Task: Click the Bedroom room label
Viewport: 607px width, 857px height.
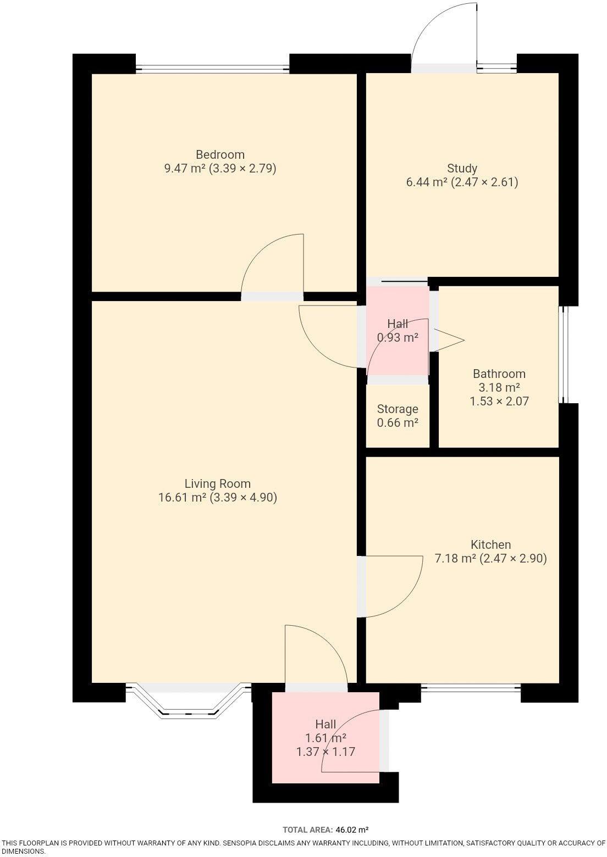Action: tap(220, 154)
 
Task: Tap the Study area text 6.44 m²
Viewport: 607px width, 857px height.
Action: tap(426, 182)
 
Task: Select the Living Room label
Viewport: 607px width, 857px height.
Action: tap(217, 484)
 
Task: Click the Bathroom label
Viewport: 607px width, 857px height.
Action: tap(499, 374)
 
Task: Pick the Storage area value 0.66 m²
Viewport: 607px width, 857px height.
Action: tap(398, 423)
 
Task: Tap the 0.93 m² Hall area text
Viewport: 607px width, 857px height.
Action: tap(398, 338)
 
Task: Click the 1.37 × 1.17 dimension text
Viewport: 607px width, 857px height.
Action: tap(325, 752)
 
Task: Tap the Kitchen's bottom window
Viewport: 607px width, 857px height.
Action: tap(471, 686)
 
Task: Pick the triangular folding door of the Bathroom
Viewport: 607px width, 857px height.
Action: tap(448, 340)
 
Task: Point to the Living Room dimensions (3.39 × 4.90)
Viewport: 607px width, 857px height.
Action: tap(243, 498)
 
